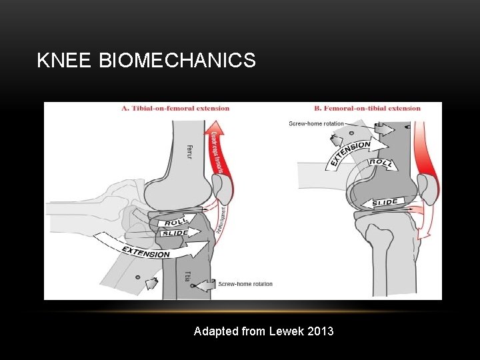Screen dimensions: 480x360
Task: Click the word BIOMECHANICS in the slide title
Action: [177, 61]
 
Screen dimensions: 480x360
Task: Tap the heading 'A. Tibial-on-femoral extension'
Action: [176, 108]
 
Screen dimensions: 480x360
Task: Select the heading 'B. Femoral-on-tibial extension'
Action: [367, 108]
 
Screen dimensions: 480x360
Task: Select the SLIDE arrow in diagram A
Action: [179, 233]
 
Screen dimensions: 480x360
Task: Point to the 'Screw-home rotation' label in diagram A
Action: [245, 284]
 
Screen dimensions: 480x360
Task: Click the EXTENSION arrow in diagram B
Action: [351, 152]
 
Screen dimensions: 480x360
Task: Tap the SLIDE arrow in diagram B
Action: [385, 202]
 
